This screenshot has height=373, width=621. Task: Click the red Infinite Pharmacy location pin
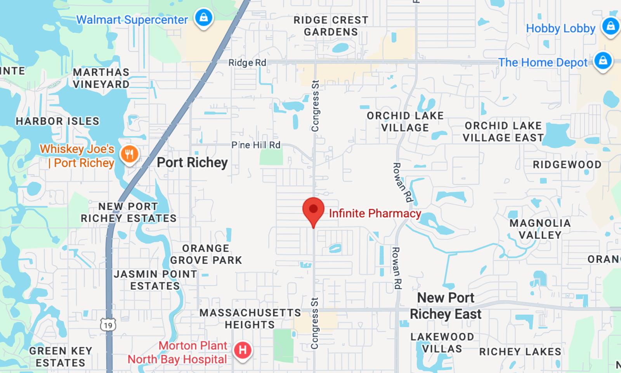313,210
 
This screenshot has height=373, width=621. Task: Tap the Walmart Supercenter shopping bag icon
204,18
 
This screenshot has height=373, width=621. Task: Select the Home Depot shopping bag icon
603,61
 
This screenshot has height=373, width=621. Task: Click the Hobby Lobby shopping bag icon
610,26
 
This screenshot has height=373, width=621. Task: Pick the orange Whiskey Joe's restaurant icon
129,154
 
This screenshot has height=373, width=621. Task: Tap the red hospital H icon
243,350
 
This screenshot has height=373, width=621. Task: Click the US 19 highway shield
108,325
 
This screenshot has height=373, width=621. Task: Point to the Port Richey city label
192,162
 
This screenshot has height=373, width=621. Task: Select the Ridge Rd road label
247,63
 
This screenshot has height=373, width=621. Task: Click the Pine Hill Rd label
256,145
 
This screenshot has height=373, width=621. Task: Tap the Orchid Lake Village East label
503,132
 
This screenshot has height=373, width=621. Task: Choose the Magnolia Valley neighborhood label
540,229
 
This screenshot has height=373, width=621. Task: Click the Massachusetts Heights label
250,319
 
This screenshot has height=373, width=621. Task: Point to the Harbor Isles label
57,121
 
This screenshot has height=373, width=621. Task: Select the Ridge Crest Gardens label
331,26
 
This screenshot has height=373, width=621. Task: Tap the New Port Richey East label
446,306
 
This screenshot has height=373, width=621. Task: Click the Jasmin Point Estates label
155,280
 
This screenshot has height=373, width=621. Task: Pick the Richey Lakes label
520,352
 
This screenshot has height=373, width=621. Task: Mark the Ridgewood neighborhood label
567,165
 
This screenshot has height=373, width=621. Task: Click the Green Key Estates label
61,357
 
